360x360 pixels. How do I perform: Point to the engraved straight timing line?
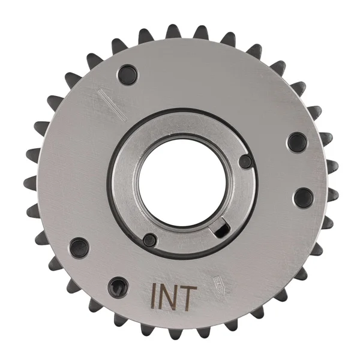point(112,105)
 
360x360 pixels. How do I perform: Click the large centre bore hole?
point(182,183)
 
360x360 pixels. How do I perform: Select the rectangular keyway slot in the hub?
point(221,230)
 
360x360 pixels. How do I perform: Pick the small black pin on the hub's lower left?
point(149,240)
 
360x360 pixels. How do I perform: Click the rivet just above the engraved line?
point(128,74)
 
